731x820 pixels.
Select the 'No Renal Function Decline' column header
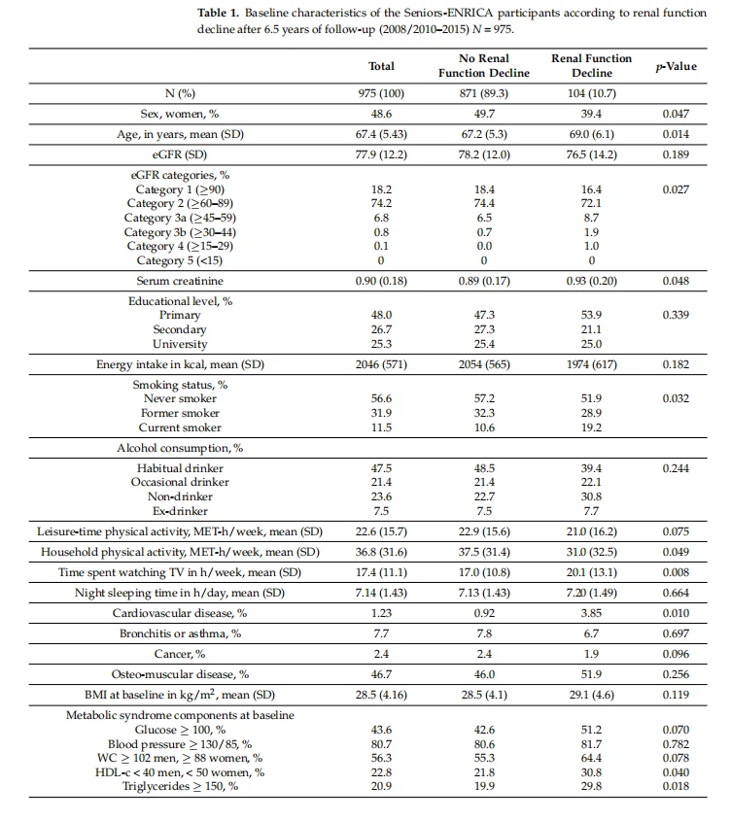(x=484, y=66)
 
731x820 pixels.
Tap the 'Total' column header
(x=382, y=66)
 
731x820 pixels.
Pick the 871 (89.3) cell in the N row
(x=484, y=94)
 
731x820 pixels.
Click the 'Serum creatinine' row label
(x=180, y=281)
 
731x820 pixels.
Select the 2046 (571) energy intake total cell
(x=382, y=364)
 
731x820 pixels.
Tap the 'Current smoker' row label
(x=180, y=427)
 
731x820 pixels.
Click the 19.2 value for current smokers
(x=591, y=427)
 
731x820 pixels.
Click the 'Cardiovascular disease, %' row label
(x=180, y=613)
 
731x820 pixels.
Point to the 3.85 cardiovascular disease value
(x=591, y=613)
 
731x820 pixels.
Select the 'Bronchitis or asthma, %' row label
(x=180, y=633)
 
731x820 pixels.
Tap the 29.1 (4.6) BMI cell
(x=591, y=696)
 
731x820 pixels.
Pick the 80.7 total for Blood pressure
(x=382, y=743)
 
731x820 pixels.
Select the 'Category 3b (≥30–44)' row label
(x=180, y=232)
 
